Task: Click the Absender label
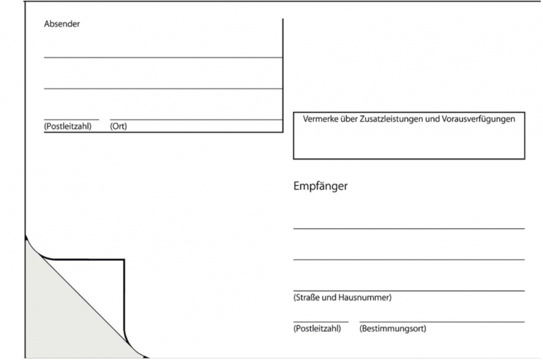pyautogui.click(x=62, y=24)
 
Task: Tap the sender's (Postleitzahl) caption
pyautogui.click(x=68, y=126)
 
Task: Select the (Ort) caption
pyautogui.click(x=118, y=126)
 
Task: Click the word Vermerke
pyautogui.click(x=320, y=119)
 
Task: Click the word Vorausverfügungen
pyautogui.click(x=479, y=119)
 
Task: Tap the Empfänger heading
pyautogui.click(x=320, y=186)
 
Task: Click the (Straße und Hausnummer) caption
pyautogui.click(x=343, y=298)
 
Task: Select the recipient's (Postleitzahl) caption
pyautogui.click(x=317, y=329)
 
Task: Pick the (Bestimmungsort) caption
pyautogui.click(x=393, y=329)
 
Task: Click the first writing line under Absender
pyautogui.click(x=163, y=58)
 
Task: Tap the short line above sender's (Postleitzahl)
pyautogui.click(x=71, y=120)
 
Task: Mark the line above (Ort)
pyautogui.click(x=196, y=120)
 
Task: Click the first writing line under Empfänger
pyautogui.click(x=409, y=229)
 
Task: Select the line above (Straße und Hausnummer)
pyautogui.click(x=409, y=291)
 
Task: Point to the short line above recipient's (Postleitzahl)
pyautogui.click(x=320, y=322)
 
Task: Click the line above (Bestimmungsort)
pyautogui.click(x=442, y=322)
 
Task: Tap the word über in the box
pyautogui.click(x=348, y=119)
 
